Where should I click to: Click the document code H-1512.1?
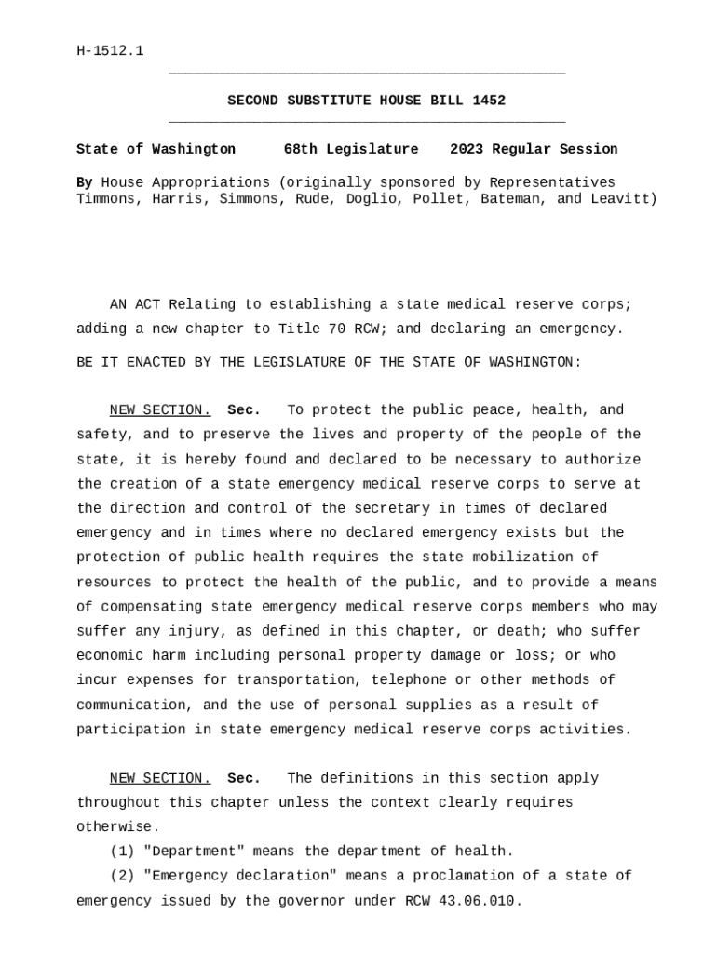(x=110, y=50)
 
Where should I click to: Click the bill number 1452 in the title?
(x=489, y=101)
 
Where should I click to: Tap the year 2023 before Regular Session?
(x=467, y=149)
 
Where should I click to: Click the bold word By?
(x=84, y=182)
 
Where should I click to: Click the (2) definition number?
(x=122, y=876)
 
